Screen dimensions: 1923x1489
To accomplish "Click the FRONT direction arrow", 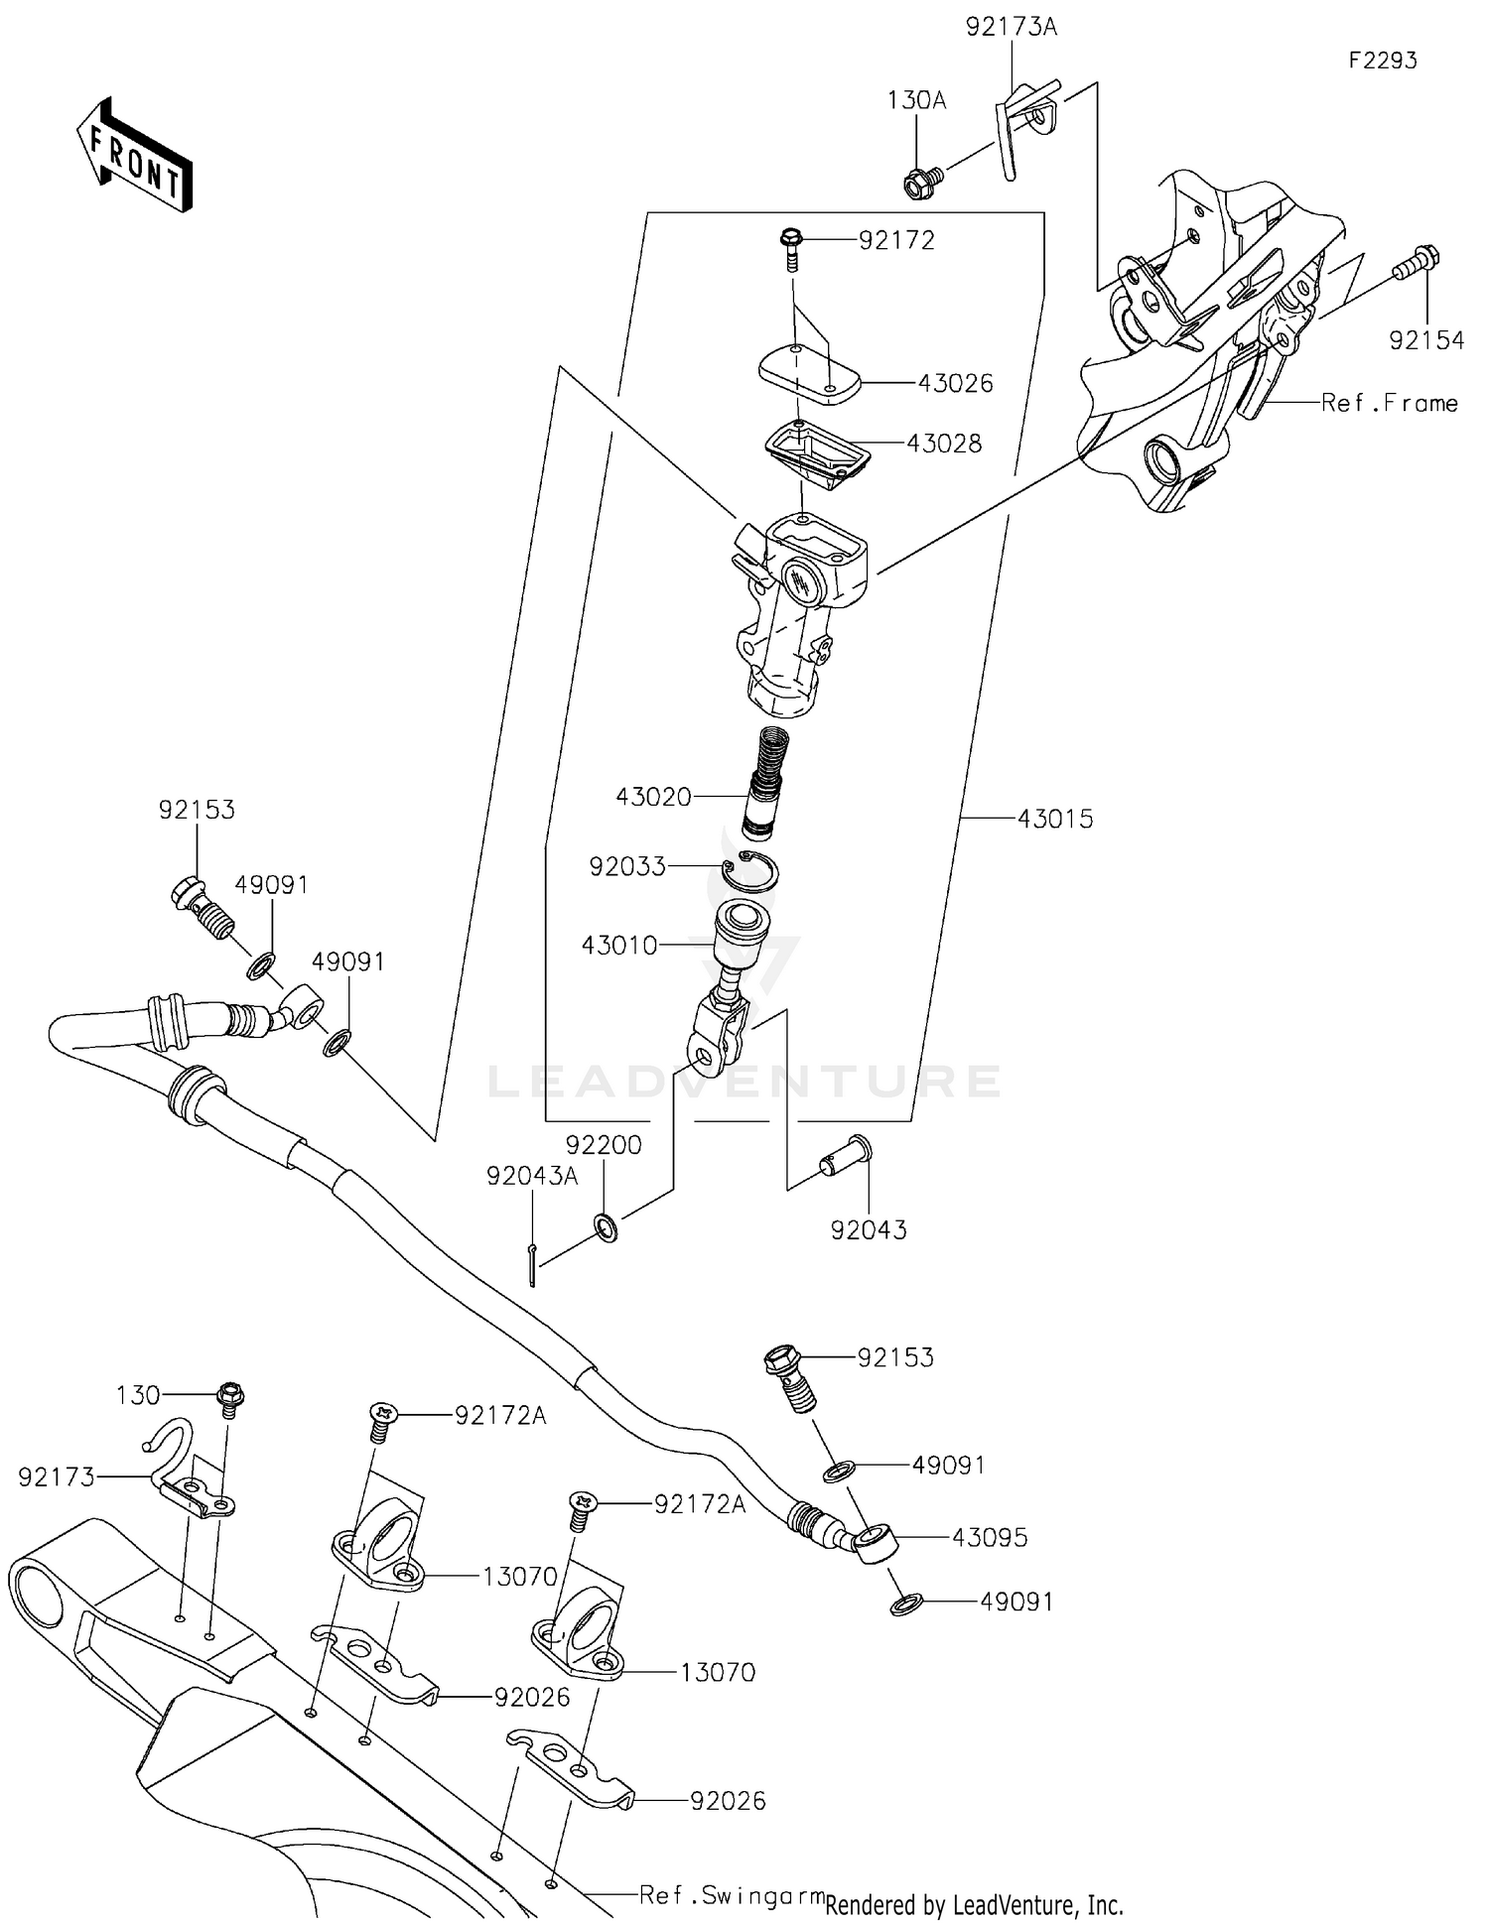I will [133, 155].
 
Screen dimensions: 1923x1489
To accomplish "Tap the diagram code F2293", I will [1382, 61].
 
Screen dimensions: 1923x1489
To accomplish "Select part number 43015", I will [1054, 820].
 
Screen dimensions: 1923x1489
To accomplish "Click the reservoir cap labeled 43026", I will [808, 375].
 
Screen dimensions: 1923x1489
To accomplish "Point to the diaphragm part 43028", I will [817, 452].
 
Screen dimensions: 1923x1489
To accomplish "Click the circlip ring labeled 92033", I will [750, 871].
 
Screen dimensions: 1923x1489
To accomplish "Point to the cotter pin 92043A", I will [532, 1264].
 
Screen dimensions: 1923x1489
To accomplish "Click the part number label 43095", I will [989, 1538].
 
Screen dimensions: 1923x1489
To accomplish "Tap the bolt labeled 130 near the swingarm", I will [230, 1398].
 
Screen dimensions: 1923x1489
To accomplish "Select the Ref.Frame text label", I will [1389, 403].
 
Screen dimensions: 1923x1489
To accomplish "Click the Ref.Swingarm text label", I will [732, 1895].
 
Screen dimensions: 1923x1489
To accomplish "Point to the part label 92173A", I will [1012, 28].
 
